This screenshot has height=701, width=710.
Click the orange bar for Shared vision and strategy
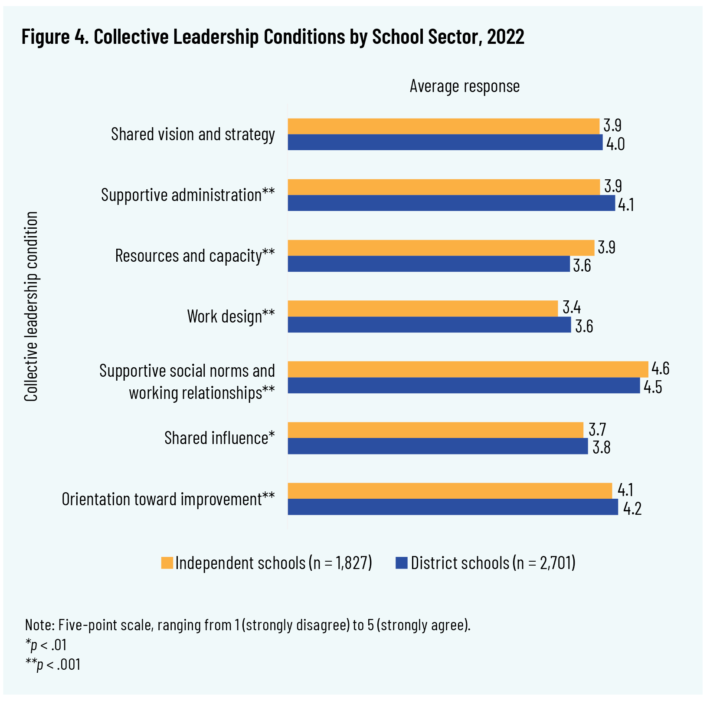(x=443, y=126)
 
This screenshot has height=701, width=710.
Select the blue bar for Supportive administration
(x=451, y=203)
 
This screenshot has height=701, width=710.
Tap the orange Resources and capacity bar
(x=441, y=248)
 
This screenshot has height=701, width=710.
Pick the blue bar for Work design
(x=429, y=325)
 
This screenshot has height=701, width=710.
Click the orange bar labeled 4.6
(x=468, y=369)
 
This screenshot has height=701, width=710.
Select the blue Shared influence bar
(x=438, y=446)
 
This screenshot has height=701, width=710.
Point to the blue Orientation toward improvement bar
(x=453, y=507)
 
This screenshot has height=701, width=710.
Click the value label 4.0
(x=615, y=144)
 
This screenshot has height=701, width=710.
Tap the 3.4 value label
(x=571, y=308)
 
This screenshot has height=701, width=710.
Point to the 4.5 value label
(x=652, y=387)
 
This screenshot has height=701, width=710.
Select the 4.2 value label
(x=632, y=509)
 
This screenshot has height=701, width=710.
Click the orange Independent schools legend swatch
(x=167, y=563)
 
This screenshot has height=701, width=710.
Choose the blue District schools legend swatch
(x=402, y=563)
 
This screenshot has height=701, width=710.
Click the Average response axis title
(x=465, y=86)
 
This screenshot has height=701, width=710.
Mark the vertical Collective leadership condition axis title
(x=31, y=306)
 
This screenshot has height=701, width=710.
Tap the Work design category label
(x=231, y=316)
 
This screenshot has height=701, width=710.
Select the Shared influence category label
(x=219, y=438)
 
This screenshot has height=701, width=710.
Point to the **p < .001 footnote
(x=53, y=665)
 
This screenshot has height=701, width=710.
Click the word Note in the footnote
(x=39, y=625)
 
